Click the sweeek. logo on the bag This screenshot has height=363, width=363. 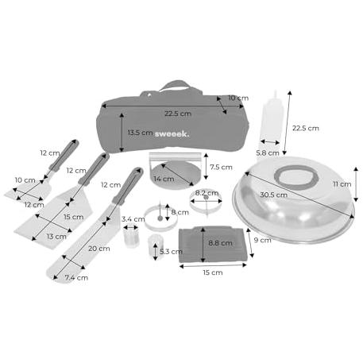(x=172, y=134)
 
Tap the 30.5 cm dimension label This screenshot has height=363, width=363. (x=273, y=195)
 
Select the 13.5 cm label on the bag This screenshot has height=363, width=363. (x=140, y=133)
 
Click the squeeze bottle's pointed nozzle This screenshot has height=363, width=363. (x=275, y=95)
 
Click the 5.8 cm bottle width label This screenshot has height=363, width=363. (x=268, y=153)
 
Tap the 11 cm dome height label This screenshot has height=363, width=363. (x=342, y=184)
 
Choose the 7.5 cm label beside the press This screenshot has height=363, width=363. (x=221, y=168)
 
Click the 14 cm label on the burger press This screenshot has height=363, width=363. (x=164, y=179)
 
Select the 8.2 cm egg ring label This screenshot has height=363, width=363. (x=207, y=193)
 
